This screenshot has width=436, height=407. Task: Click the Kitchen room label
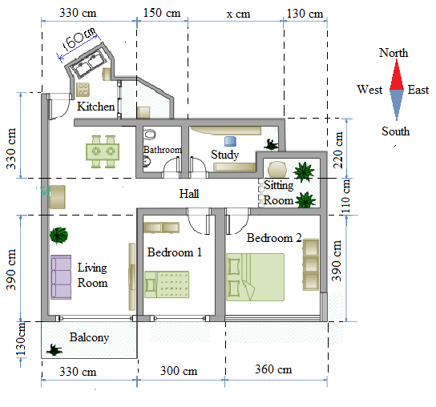click(x=95, y=107)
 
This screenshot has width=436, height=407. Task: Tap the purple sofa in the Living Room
click(x=61, y=277)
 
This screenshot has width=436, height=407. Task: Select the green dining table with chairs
click(x=103, y=151)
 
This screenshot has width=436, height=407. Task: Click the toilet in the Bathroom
click(x=150, y=135)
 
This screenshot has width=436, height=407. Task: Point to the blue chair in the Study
click(x=230, y=141)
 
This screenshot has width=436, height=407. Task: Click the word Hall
click(x=189, y=194)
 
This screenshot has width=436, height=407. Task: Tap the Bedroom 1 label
click(x=175, y=252)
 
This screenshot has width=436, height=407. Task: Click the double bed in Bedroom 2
click(x=255, y=277)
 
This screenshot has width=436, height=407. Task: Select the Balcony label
click(x=89, y=337)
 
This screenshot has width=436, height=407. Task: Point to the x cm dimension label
click(x=238, y=14)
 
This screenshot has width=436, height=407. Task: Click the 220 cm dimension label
click(x=338, y=150)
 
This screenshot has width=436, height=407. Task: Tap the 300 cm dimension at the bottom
click(x=179, y=371)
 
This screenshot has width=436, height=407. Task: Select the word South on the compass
click(x=395, y=131)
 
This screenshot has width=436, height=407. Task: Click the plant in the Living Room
click(x=59, y=236)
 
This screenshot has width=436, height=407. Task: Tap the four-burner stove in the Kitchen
click(x=83, y=89)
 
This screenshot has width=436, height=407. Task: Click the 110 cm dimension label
click(x=345, y=196)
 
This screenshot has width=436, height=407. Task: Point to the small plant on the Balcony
click(x=54, y=350)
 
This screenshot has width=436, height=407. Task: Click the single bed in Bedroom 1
click(x=167, y=284)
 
